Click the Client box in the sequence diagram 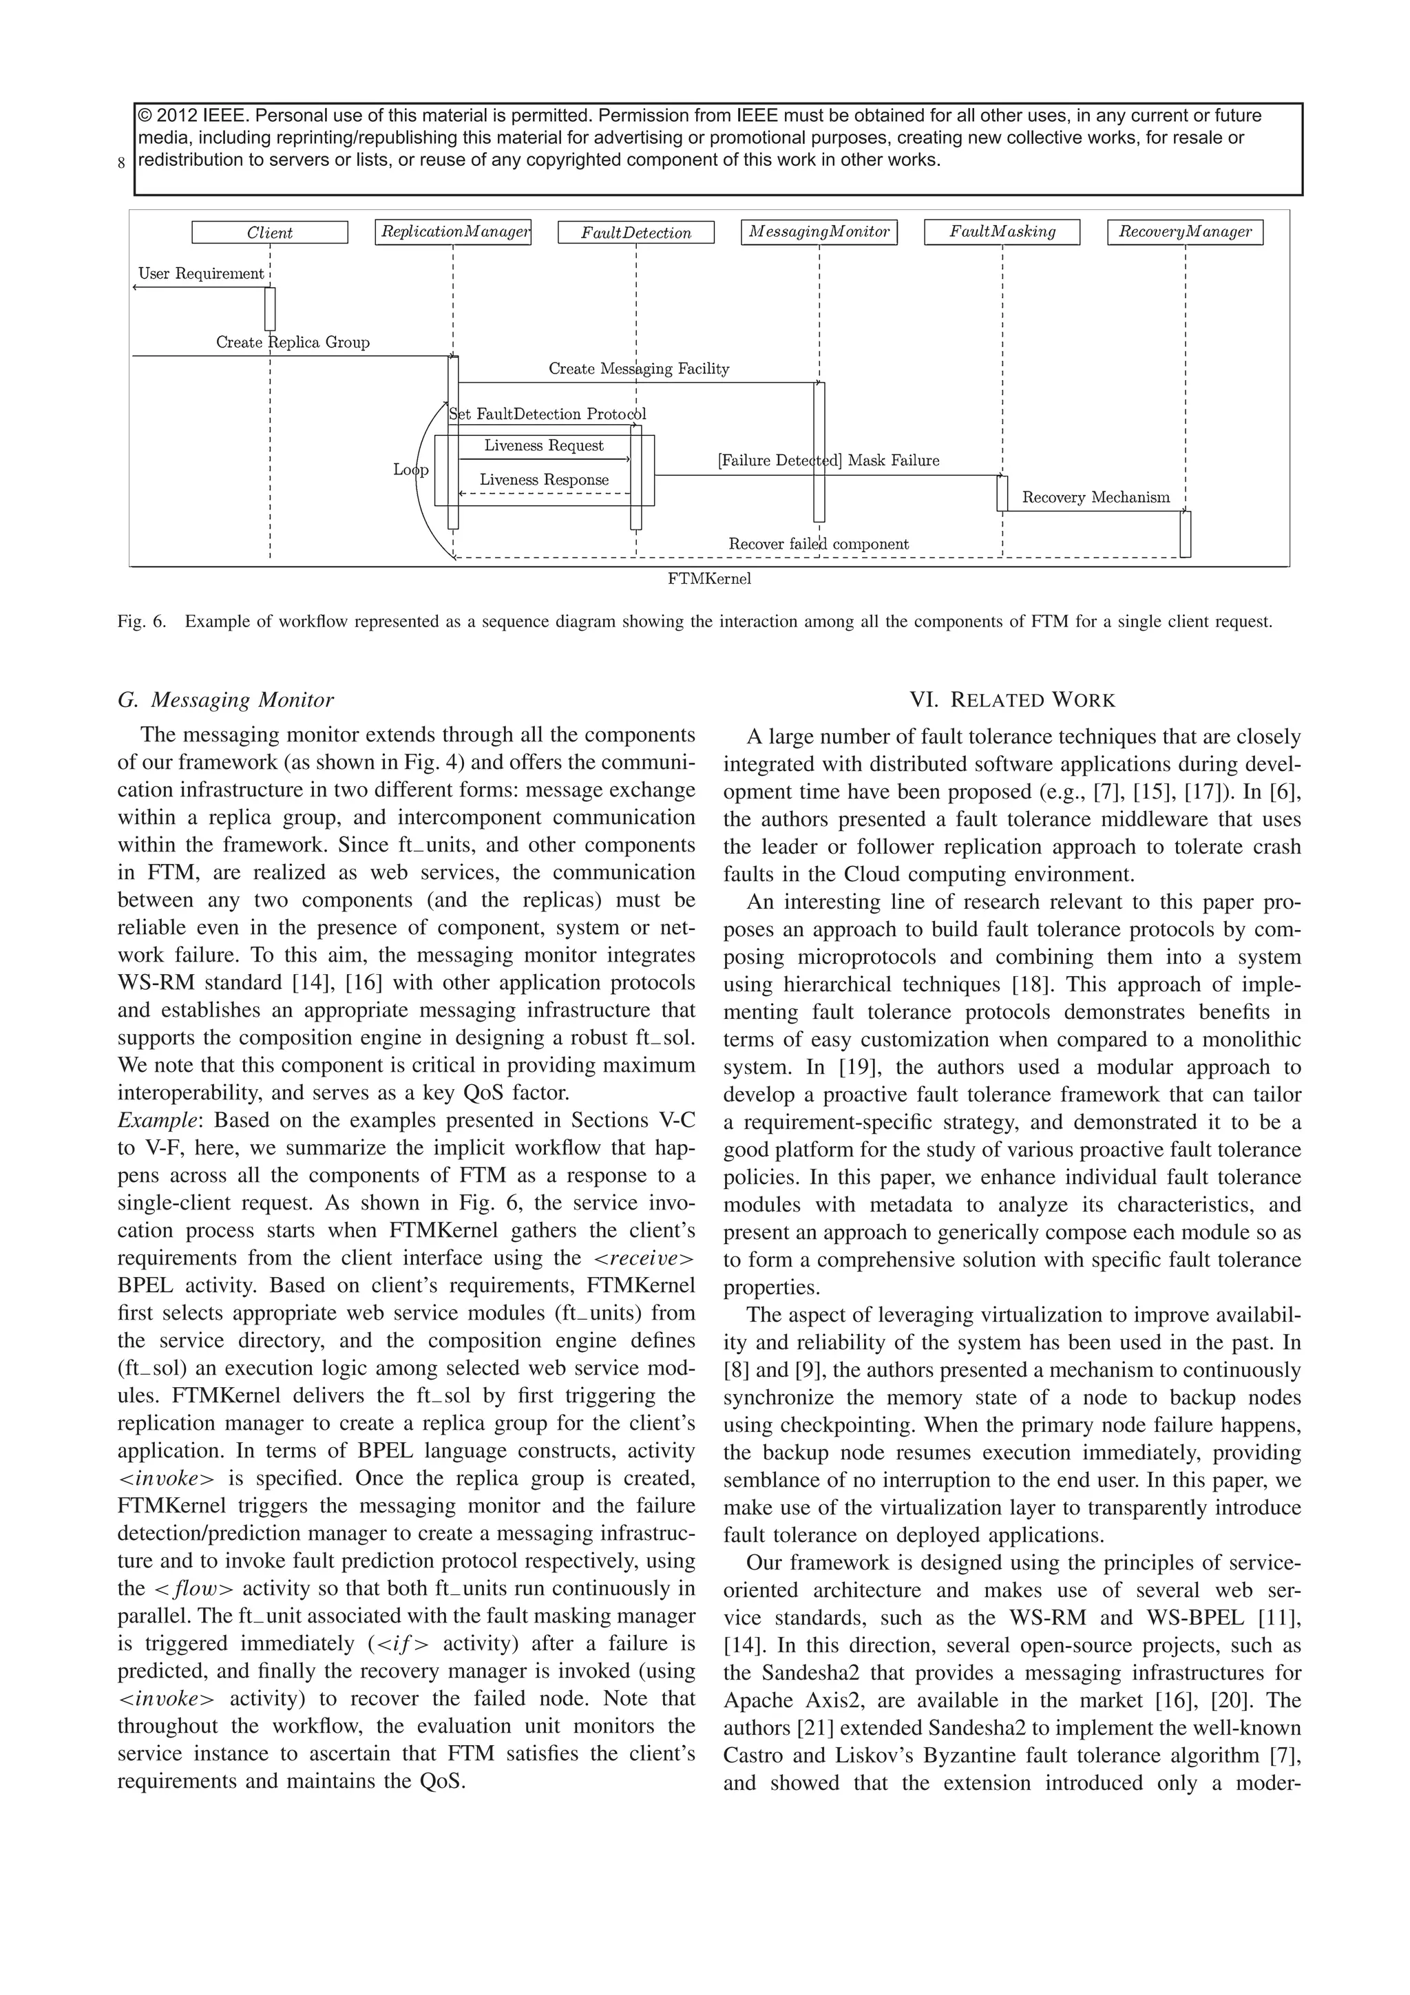pyautogui.click(x=269, y=233)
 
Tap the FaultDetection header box pyautogui.click(x=636, y=233)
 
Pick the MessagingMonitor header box pyautogui.click(x=819, y=232)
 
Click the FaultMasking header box pyautogui.click(x=1002, y=232)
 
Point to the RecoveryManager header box pyautogui.click(x=1185, y=232)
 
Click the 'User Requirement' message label pyautogui.click(x=200, y=274)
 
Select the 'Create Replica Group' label pyautogui.click(x=293, y=342)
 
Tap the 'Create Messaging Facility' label pyautogui.click(x=638, y=369)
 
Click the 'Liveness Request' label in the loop pyautogui.click(x=544, y=446)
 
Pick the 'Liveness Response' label pyautogui.click(x=544, y=480)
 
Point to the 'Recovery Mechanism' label pyautogui.click(x=1095, y=498)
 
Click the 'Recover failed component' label pyautogui.click(x=819, y=545)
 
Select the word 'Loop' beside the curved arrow pyautogui.click(x=410, y=470)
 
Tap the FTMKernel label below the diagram pyautogui.click(x=709, y=580)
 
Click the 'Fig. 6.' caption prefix pyautogui.click(x=140, y=622)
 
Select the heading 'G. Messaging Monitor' pyautogui.click(x=225, y=700)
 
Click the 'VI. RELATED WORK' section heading pyautogui.click(x=1012, y=700)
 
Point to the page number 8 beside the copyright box pyautogui.click(x=122, y=162)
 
